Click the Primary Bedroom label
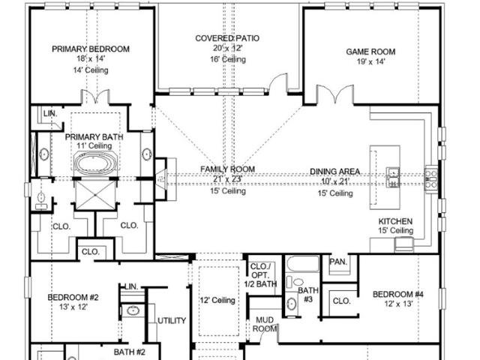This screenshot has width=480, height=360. [91, 49]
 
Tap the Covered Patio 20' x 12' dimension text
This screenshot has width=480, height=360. [228, 48]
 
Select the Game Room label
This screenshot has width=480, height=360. [370, 52]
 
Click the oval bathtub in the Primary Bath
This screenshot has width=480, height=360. [95, 163]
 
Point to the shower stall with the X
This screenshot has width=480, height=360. [95, 195]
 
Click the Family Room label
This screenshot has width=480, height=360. [227, 169]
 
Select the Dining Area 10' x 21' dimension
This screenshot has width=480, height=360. [335, 181]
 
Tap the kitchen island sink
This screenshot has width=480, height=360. [393, 177]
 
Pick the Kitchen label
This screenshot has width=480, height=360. [395, 221]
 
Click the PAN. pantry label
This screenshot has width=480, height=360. [338, 262]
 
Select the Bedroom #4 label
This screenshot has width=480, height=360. [398, 295]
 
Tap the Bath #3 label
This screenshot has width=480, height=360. [308, 295]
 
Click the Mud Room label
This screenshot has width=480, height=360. [265, 325]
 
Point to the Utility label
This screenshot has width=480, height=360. [172, 320]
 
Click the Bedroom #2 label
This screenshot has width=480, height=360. [73, 297]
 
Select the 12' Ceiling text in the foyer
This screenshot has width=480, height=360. [217, 300]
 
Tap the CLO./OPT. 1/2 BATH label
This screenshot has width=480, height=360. [260, 275]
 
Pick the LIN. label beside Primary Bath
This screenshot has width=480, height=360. [50, 113]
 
